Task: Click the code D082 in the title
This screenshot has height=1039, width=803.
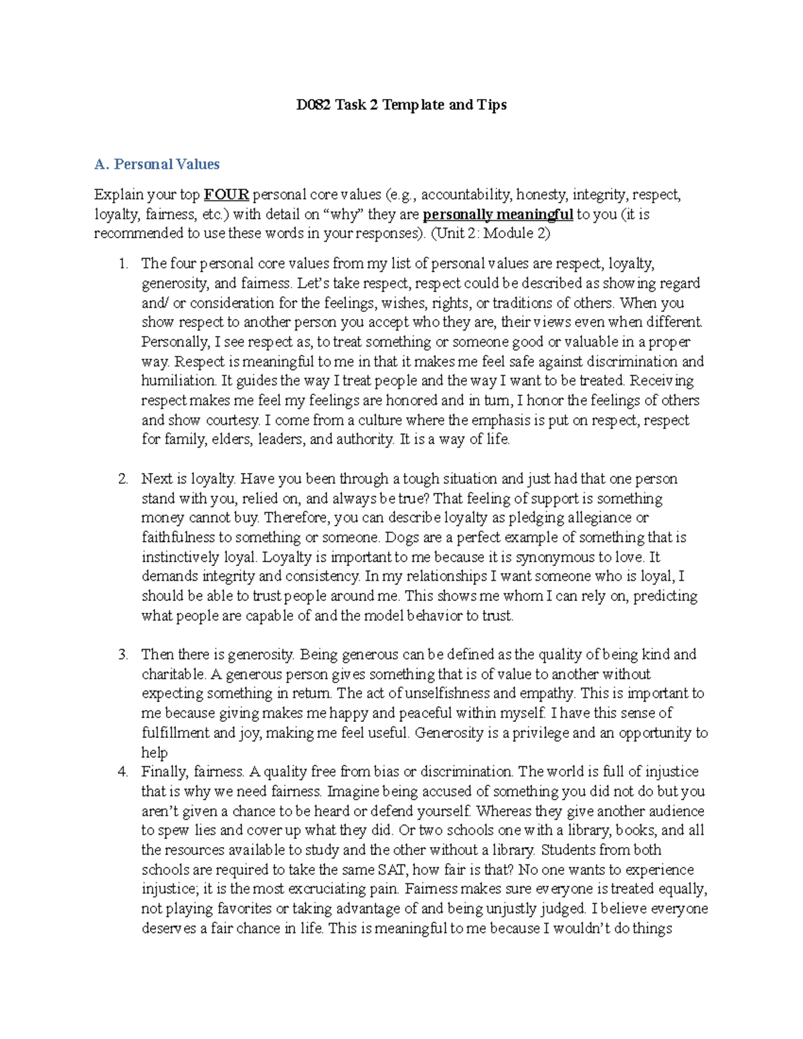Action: click(314, 105)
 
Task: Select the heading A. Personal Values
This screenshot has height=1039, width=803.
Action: click(157, 165)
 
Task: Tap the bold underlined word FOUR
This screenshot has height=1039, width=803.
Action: click(226, 195)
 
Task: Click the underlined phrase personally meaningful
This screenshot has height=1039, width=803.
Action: click(498, 215)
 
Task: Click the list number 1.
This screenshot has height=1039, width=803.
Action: click(122, 264)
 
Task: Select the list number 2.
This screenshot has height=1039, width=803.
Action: click(122, 479)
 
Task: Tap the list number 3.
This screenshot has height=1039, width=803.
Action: click(122, 654)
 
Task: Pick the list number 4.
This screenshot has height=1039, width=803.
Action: click(122, 772)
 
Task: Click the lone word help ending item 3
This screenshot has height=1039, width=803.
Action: click(154, 753)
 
